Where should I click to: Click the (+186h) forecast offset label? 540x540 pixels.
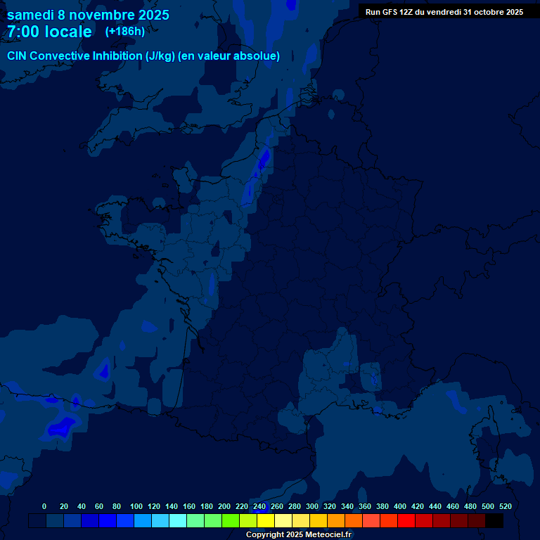[x=124, y=32]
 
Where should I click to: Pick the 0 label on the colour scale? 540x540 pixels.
[x=44, y=506]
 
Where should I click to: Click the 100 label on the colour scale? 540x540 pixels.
[x=136, y=506]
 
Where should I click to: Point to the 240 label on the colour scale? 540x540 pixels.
[x=259, y=506]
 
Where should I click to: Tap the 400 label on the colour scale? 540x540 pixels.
[x=400, y=506]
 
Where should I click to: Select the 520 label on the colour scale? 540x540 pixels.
[x=505, y=506]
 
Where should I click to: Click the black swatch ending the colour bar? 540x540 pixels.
[x=494, y=520]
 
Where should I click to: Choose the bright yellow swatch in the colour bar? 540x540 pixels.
[x=266, y=520]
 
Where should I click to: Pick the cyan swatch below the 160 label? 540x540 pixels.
[x=178, y=520]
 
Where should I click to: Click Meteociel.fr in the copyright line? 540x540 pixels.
[x=328, y=534]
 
